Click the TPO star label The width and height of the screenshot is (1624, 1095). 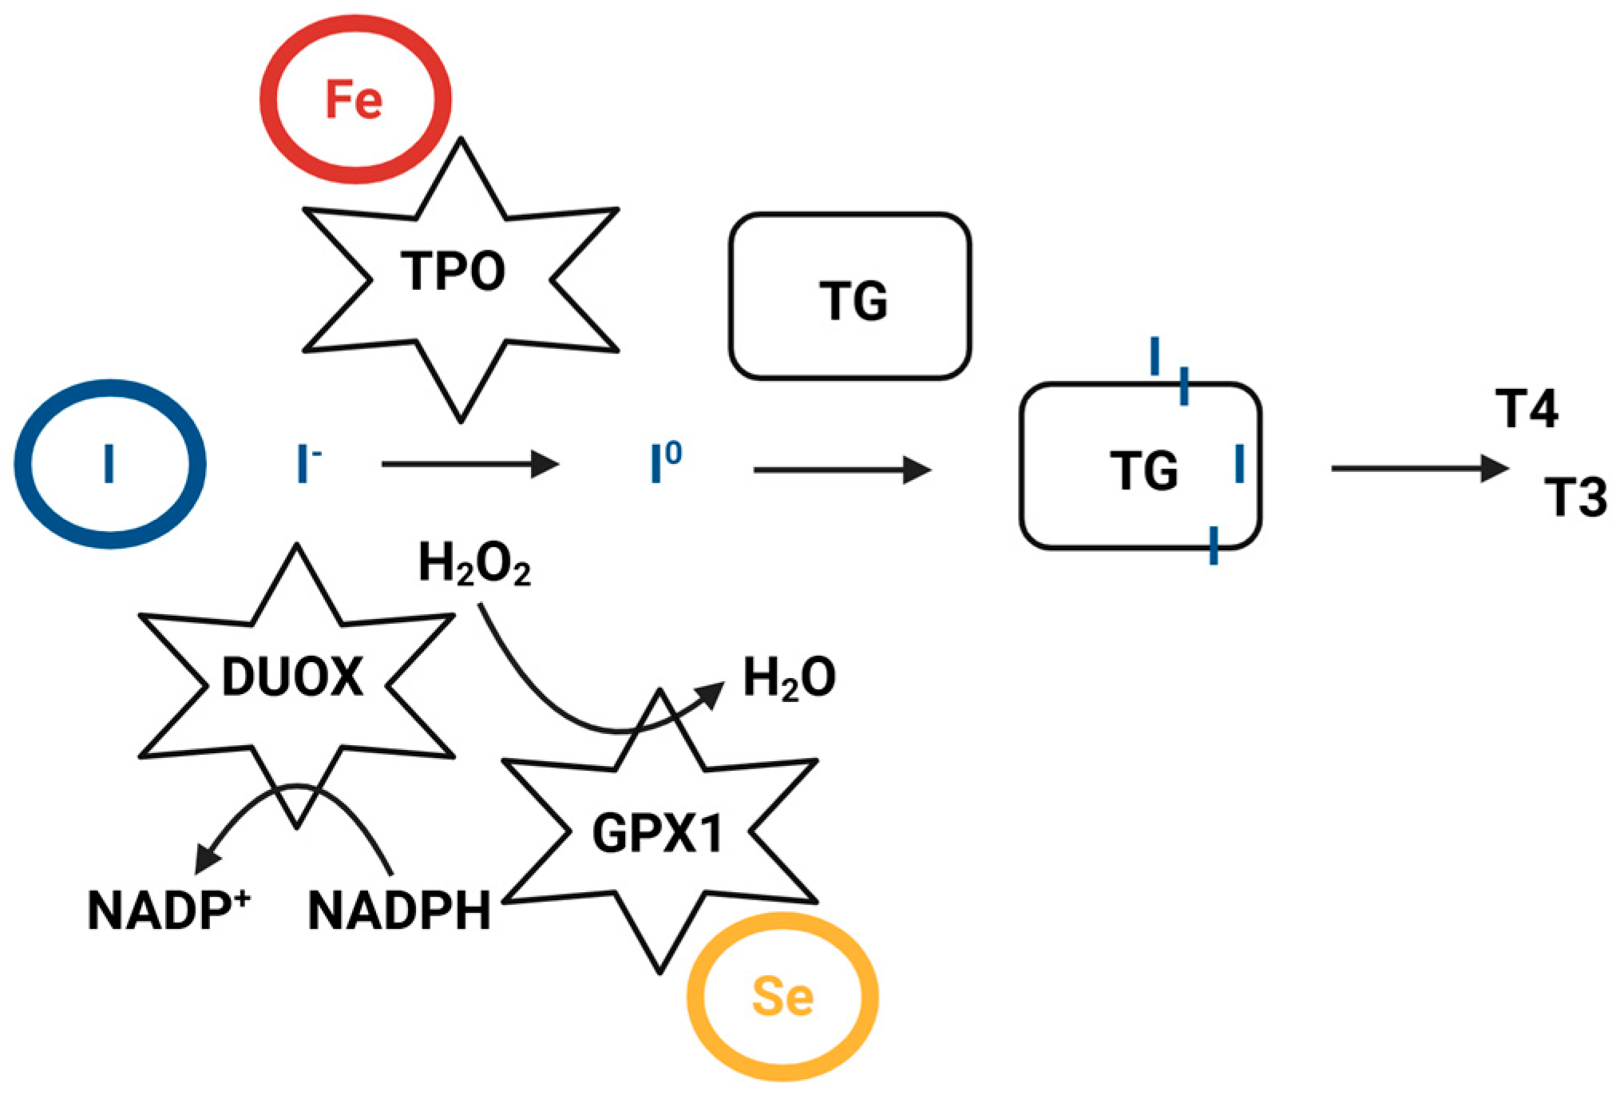[x=453, y=271]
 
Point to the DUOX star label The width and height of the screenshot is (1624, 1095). [x=292, y=676]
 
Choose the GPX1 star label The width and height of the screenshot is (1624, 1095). [x=657, y=833]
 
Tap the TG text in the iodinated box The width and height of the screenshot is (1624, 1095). [x=1143, y=470]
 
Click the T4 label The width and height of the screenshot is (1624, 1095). [x=1527, y=409]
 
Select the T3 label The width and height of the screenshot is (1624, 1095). [x=1575, y=497]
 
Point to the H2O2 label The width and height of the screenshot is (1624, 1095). [x=474, y=565]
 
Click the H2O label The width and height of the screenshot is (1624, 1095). [x=790, y=679]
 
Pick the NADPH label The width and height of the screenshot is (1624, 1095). [x=399, y=911]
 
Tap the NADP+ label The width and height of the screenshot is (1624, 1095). [x=169, y=909]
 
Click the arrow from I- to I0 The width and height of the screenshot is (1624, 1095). [x=470, y=463]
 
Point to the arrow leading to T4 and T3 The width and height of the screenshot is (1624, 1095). [x=1420, y=468]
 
